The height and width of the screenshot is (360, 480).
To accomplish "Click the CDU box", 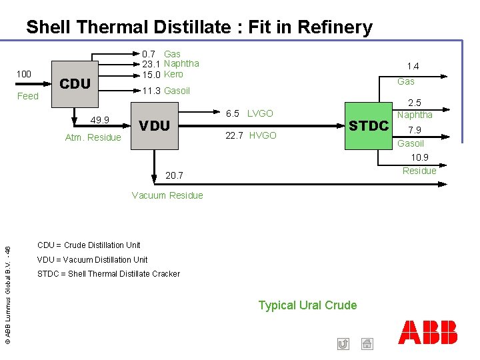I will (75, 84).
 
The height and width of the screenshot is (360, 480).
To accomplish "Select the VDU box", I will (155, 125).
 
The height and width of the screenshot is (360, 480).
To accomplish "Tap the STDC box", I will (368, 125).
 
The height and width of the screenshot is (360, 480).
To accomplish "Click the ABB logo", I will (428, 332).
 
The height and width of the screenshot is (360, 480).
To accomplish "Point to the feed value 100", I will (24, 73).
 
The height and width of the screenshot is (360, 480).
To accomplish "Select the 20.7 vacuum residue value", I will (173, 175).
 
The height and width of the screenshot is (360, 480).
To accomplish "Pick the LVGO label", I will (260, 113).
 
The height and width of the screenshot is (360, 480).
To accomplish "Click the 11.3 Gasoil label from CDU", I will (166, 91).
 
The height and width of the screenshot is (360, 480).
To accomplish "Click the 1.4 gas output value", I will (413, 66).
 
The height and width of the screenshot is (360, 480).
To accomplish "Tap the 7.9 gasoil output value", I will (413, 130).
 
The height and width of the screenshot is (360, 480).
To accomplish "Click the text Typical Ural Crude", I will (307, 305).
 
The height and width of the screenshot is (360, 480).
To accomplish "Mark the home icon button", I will (367, 344).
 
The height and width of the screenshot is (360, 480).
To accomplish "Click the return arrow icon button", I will (343, 344).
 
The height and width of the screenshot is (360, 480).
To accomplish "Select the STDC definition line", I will (108, 274).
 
